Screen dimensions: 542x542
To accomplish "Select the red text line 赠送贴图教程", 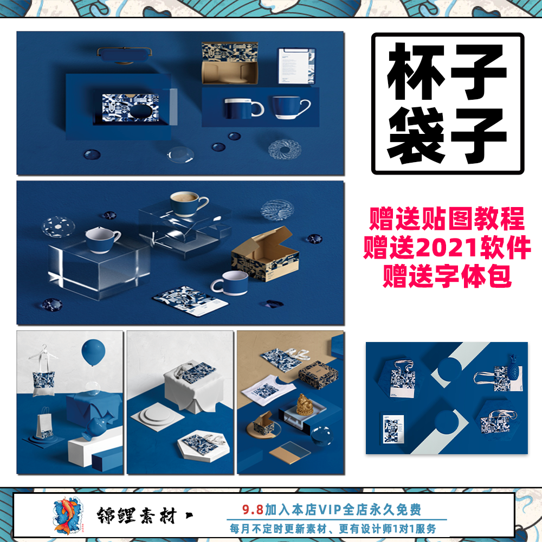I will point(447,221).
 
